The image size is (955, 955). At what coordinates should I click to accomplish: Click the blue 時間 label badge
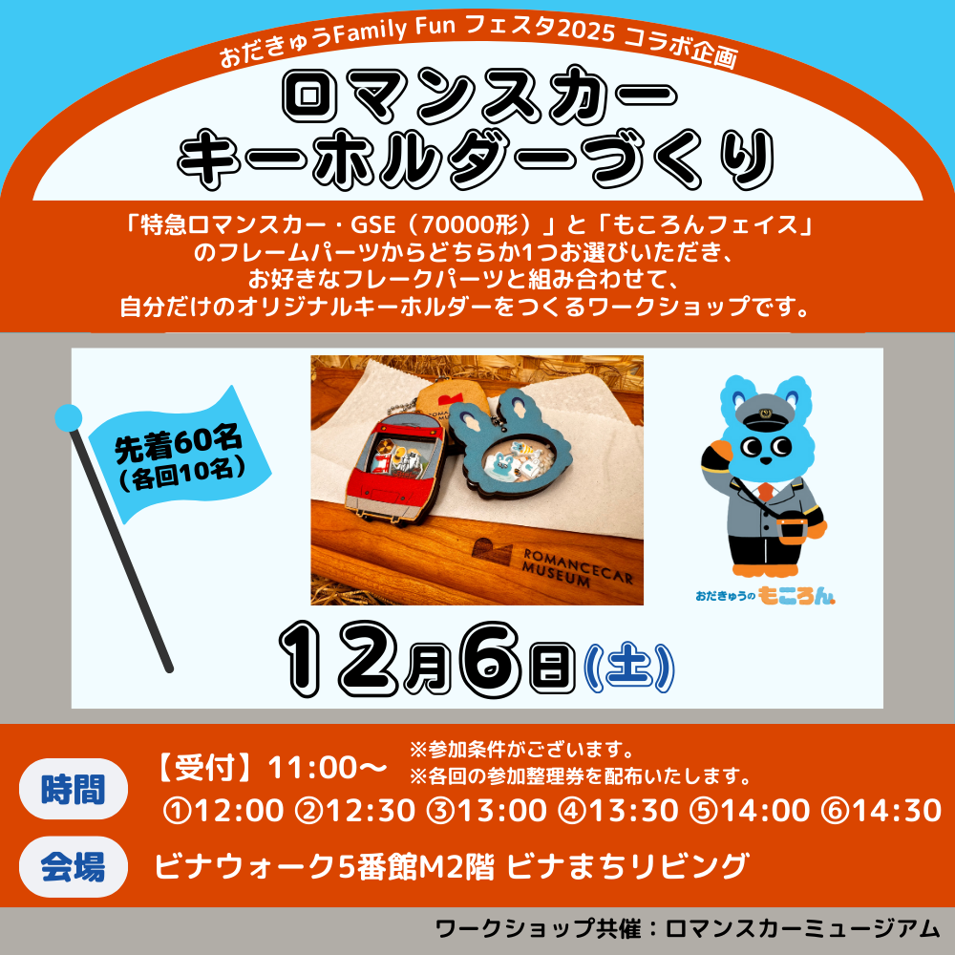pyautogui.click(x=74, y=789)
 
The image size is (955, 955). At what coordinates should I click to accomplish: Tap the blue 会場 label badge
pyautogui.click(x=74, y=867)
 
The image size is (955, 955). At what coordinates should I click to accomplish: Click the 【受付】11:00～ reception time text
pyautogui.click(x=270, y=768)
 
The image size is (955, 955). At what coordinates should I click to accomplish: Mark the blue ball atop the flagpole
pyautogui.click(x=68, y=417)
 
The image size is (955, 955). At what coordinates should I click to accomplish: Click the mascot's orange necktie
pyautogui.click(x=764, y=494)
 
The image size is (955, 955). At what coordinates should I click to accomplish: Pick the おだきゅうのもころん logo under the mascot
pyautogui.click(x=766, y=596)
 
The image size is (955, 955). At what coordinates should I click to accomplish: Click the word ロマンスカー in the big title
pyautogui.click(x=475, y=99)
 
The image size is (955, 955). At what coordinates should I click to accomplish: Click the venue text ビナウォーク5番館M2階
pyautogui.click(x=325, y=867)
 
